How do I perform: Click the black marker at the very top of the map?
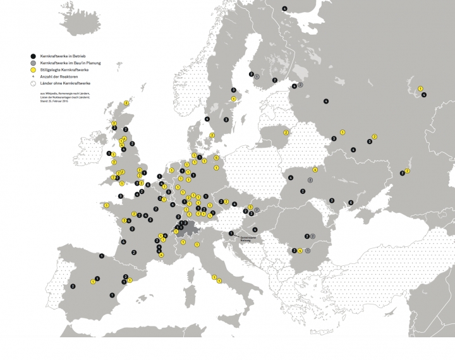click(x=284, y=8)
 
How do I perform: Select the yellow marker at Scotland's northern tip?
click(x=126, y=102)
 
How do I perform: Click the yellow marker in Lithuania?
click(x=286, y=132)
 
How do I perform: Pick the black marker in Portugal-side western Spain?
click(x=73, y=286)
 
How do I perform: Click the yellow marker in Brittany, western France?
click(x=106, y=205)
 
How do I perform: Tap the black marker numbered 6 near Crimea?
click(x=351, y=202)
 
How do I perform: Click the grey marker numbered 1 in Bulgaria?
click(x=307, y=250)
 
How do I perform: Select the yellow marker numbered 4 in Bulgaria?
click(x=300, y=250)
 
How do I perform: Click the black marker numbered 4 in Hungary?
click(x=255, y=229)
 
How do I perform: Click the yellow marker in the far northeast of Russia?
click(x=420, y=88)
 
